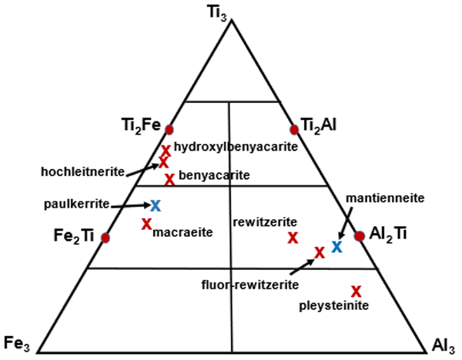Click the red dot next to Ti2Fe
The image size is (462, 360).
(x=169, y=129)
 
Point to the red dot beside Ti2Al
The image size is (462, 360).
(x=293, y=128)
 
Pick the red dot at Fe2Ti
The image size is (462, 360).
(x=106, y=238)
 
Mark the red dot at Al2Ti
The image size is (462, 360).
(x=359, y=235)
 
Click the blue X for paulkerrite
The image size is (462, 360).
(x=155, y=205)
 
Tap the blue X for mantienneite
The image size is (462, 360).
(x=336, y=246)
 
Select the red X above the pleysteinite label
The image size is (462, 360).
(x=356, y=291)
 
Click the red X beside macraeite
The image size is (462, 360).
(x=146, y=224)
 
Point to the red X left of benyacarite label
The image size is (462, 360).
(x=169, y=179)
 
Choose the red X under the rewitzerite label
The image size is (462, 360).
(x=293, y=238)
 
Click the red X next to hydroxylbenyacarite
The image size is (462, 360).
(x=166, y=150)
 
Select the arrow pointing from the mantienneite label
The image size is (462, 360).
(x=347, y=222)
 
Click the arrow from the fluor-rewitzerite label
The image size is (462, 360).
(x=304, y=263)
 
